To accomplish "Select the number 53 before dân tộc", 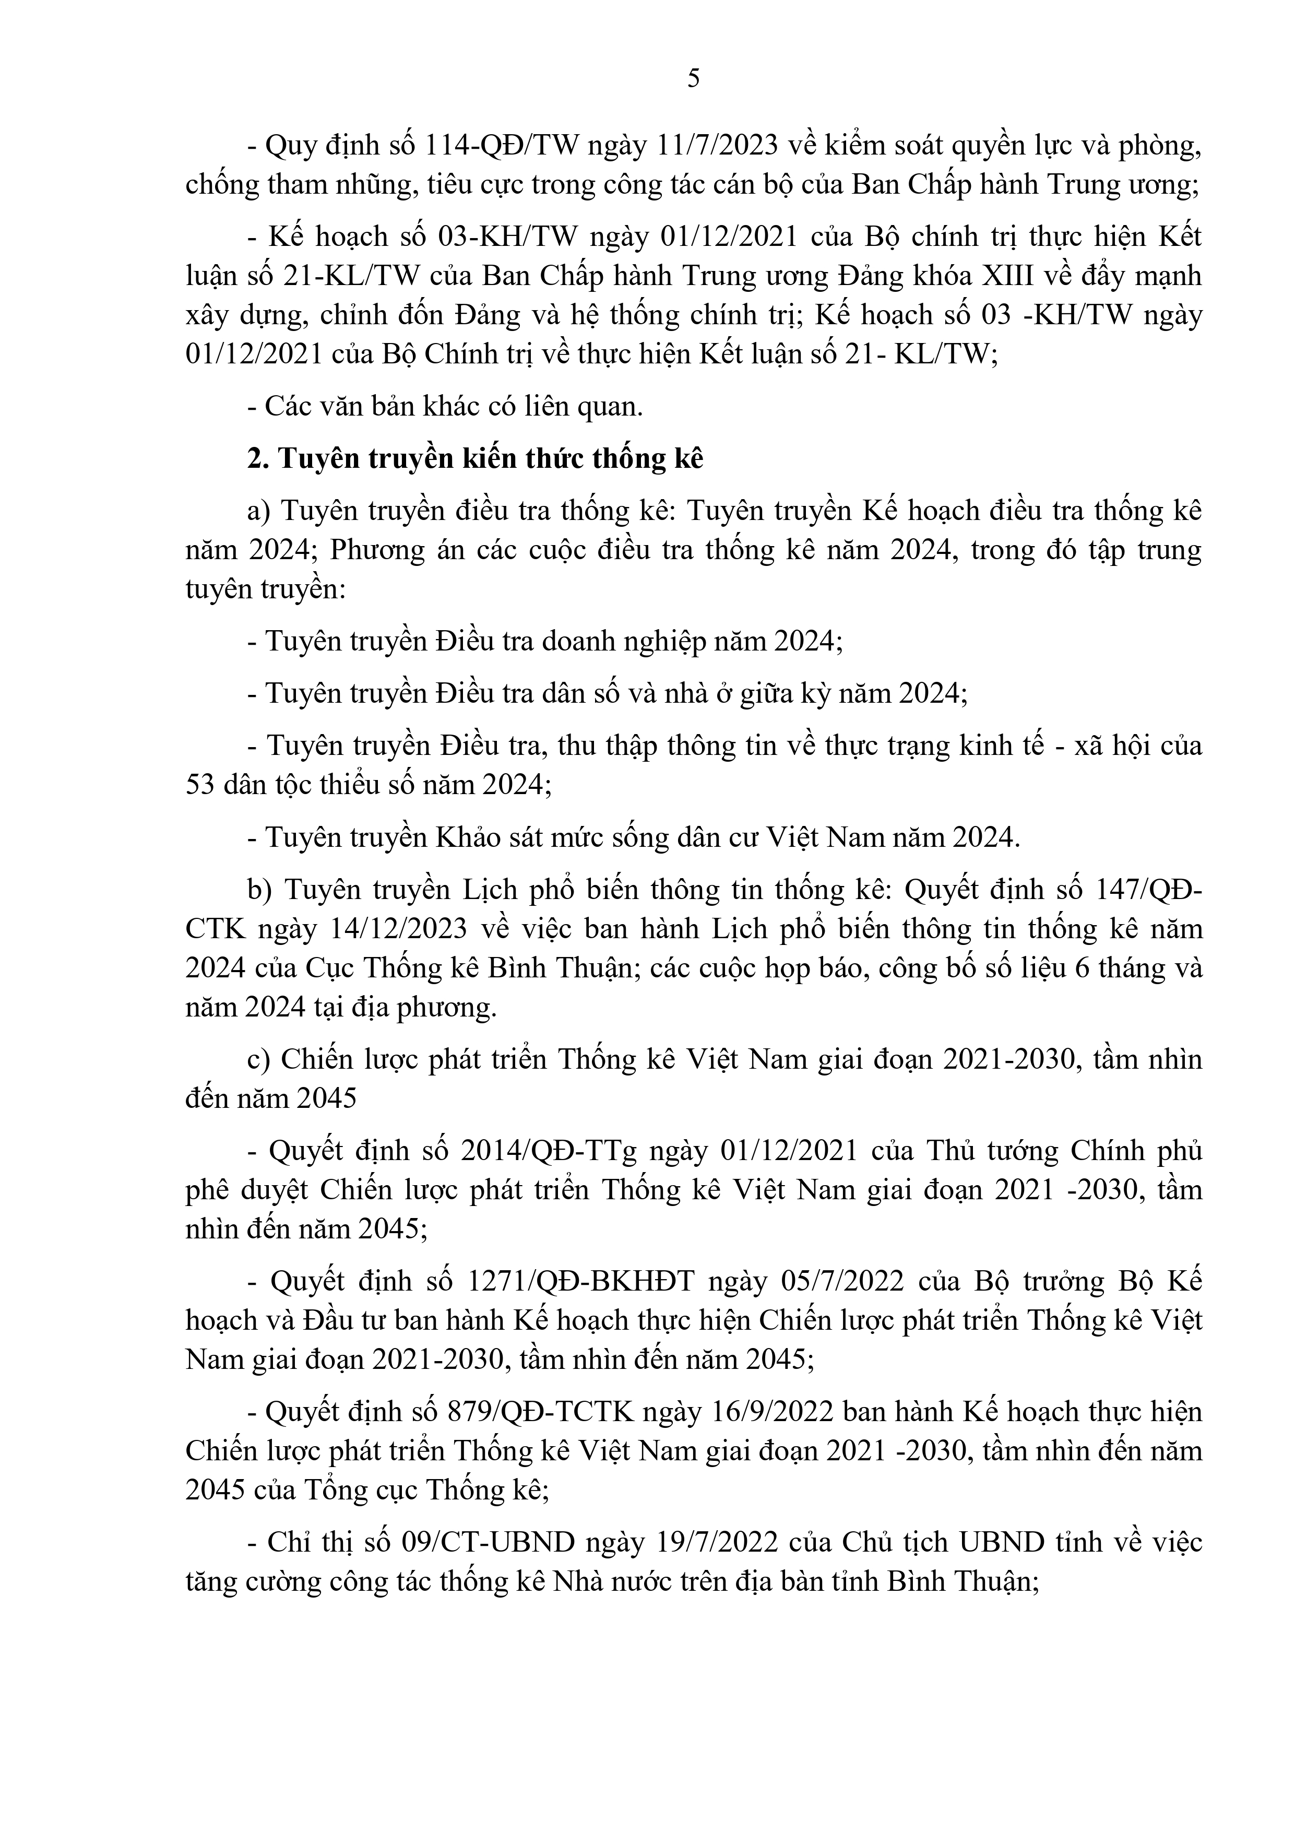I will tap(200, 785).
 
